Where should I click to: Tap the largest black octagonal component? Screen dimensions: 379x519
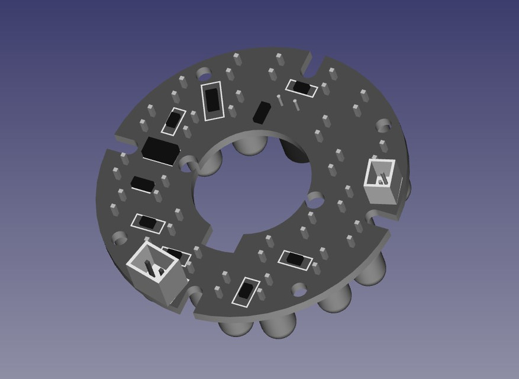160,150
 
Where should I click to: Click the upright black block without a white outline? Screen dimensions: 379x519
261,112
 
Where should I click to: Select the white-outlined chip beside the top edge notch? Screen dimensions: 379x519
302,88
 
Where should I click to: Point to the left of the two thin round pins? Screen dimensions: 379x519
279,99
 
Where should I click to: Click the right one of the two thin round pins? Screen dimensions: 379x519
296,105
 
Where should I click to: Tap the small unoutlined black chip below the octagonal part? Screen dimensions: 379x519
143,184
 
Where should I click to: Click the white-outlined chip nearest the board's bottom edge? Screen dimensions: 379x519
245,291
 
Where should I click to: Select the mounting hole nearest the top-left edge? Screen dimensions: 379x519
204,73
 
